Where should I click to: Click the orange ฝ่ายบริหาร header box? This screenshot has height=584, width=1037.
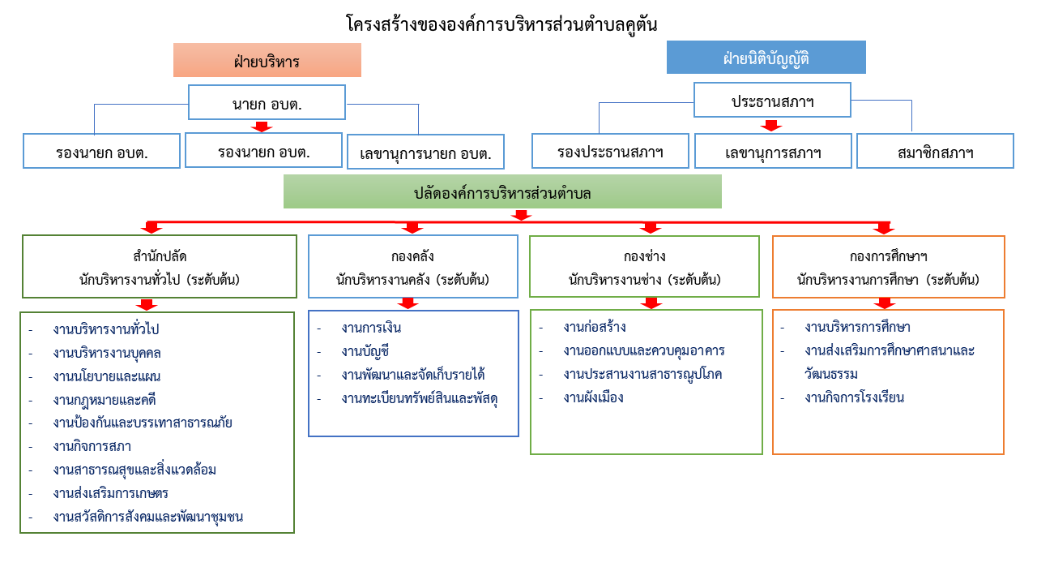(x=267, y=60)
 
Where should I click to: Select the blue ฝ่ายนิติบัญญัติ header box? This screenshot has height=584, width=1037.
(x=766, y=57)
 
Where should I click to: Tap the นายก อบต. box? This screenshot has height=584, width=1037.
(x=267, y=102)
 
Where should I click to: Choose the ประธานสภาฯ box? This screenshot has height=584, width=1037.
(x=772, y=100)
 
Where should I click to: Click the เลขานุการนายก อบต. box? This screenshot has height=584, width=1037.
(x=425, y=152)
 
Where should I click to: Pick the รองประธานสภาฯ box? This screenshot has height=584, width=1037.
(x=610, y=151)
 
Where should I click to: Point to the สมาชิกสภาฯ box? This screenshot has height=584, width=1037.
(x=935, y=151)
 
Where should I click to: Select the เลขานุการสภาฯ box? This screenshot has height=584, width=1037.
(x=773, y=151)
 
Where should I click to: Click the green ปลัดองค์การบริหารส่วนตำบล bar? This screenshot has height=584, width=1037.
(x=502, y=191)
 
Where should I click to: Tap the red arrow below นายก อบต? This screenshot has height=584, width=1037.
(x=262, y=127)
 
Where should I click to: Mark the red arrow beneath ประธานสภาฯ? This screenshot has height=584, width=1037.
(x=771, y=126)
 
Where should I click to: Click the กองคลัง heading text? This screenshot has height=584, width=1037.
(x=412, y=256)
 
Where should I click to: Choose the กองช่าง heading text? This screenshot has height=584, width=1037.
(x=644, y=256)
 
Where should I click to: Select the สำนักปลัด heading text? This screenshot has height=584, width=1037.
(x=160, y=256)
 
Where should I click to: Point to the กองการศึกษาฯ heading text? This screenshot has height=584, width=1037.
(x=889, y=256)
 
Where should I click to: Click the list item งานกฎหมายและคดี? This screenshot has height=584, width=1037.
(x=105, y=400)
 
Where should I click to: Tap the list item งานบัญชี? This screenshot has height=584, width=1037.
(x=365, y=351)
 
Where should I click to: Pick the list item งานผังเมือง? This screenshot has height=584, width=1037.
(x=594, y=397)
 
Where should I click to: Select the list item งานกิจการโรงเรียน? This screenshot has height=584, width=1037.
(x=854, y=397)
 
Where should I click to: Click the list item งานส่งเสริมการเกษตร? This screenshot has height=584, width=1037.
(x=111, y=493)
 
